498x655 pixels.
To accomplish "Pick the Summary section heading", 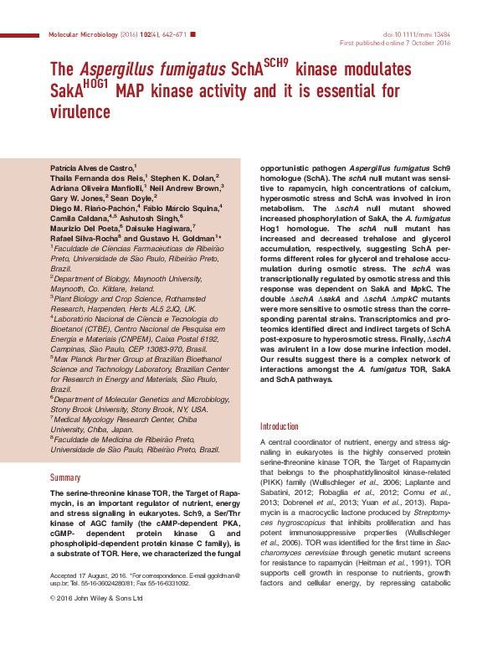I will point(66,477).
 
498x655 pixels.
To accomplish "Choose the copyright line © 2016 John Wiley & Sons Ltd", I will point(97,598).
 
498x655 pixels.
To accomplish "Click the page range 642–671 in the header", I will point(172,34).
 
